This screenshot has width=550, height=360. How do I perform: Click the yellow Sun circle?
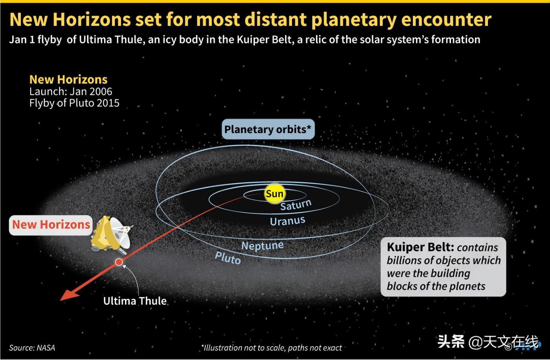(275, 194)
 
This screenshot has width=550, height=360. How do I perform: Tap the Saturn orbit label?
(296, 205)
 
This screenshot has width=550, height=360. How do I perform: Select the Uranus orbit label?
(288, 221)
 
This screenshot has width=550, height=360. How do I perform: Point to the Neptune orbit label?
(262, 245)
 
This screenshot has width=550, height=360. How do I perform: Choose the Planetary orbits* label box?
(268, 129)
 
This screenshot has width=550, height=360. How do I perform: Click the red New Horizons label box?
(51, 225)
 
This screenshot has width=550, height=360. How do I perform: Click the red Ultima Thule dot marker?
(119, 262)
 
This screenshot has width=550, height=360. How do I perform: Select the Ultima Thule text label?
(135, 301)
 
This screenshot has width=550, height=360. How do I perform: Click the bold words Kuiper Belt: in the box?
(420, 247)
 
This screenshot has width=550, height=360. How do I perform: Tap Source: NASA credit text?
(32, 348)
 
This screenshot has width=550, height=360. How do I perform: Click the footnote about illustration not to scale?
(271, 348)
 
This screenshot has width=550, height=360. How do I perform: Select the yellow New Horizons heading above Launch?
(68, 80)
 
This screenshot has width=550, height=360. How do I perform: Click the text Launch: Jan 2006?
(71, 91)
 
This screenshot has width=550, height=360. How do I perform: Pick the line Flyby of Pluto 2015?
(74, 103)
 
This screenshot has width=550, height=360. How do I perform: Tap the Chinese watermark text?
(488, 342)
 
